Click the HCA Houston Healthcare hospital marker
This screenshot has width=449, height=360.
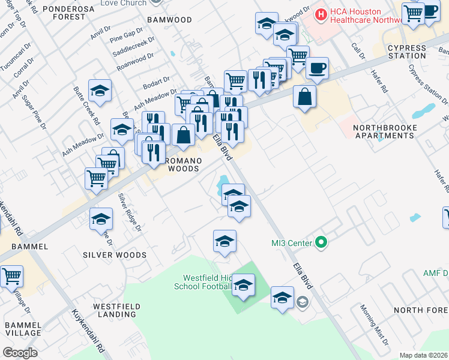(x=321, y=13)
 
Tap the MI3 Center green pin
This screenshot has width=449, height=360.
(x=321, y=243)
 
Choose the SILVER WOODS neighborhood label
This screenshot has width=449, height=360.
(x=115, y=255)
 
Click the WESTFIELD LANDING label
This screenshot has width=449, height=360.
(x=117, y=310)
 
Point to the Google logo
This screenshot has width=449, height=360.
(x=20, y=353)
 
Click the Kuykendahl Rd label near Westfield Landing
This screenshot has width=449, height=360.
(x=89, y=330)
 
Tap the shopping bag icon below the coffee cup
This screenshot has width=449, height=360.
(x=305, y=96)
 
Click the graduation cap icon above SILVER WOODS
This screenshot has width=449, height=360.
(x=101, y=219)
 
